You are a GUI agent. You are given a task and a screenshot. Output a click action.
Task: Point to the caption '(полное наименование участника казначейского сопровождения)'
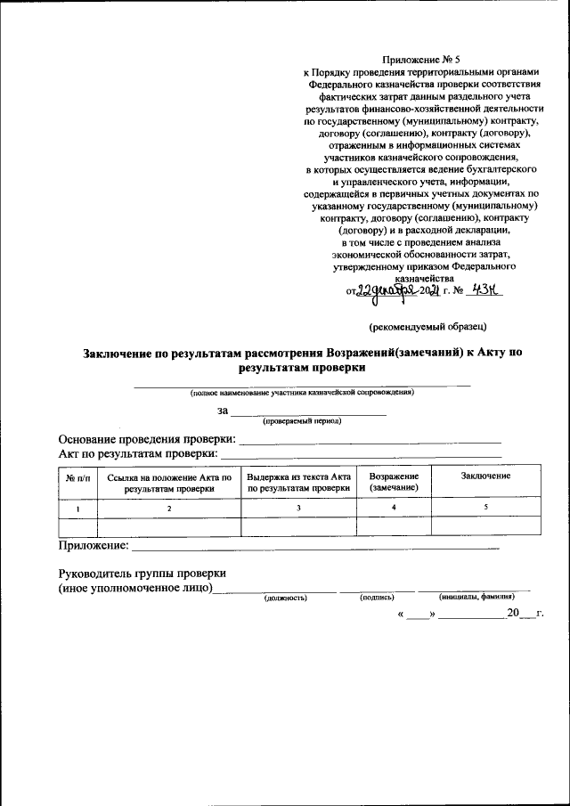tap(301, 392)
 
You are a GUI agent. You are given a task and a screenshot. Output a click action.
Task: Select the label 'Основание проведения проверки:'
tap(147, 439)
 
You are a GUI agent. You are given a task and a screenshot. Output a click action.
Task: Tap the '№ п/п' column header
tap(76, 478)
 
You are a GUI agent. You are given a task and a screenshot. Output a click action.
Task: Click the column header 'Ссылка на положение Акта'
tap(168, 484)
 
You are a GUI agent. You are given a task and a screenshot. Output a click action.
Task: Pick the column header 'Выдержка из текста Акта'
tap(299, 484)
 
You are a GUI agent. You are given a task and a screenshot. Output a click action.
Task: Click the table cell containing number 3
tap(299, 508)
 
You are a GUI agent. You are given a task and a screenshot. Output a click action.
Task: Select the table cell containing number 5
tap(485, 507)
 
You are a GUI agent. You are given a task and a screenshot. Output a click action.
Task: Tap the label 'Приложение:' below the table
tap(94, 544)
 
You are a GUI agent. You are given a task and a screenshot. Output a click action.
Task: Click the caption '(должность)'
tap(285, 598)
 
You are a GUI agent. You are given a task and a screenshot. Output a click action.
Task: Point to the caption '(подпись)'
tap(377, 597)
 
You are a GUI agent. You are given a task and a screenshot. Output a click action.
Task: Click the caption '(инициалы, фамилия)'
tap(476, 597)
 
